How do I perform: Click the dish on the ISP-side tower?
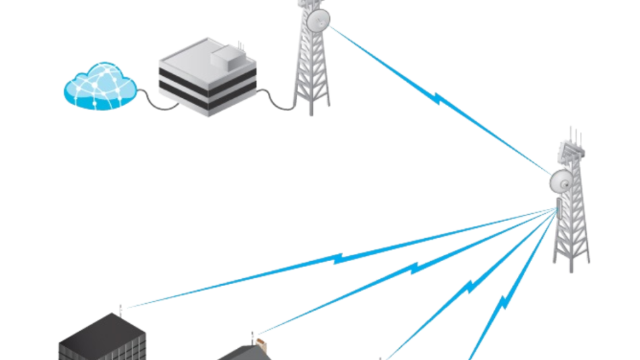319,18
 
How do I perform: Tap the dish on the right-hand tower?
562,179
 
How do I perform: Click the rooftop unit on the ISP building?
224,59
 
